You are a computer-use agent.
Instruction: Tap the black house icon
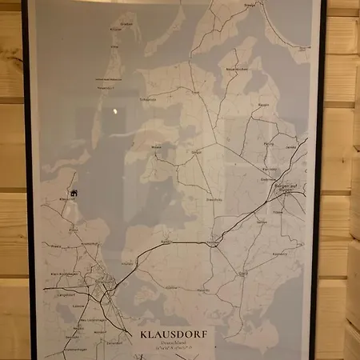[74, 192]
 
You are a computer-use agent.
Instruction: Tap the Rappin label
[263, 105]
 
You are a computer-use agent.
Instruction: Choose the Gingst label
[196, 151]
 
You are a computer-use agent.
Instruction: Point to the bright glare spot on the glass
[114, 110]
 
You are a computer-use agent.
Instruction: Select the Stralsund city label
[102, 285]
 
